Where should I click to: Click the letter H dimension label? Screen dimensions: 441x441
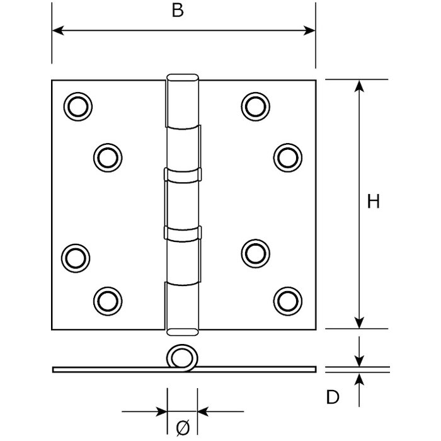coord(373,202)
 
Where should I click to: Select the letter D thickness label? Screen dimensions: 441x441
coord(333,397)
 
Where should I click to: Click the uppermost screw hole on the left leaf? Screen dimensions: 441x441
coord(77,106)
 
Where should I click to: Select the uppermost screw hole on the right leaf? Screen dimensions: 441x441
coord(253,106)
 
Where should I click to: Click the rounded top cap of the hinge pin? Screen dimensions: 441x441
coord(183,77)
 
